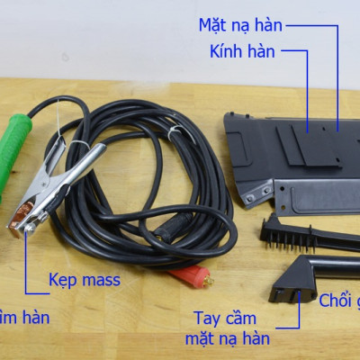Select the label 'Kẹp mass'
85,280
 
